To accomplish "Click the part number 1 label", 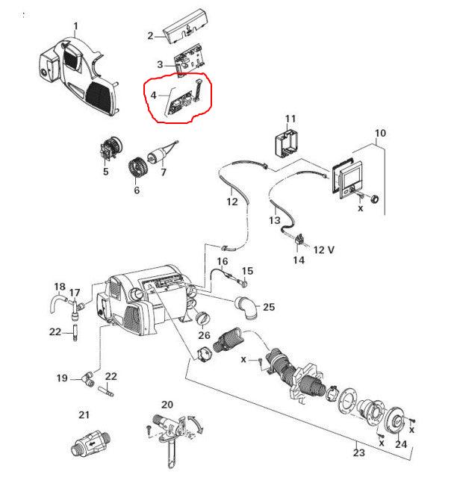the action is (x=76, y=26).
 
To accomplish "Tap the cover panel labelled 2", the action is (x=185, y=26).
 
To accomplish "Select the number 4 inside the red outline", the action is (x=154, y=95).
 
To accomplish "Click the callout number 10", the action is (x=380, y=134).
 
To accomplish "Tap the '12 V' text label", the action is (x=324, y=250).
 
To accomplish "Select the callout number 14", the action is (x=299, y=260).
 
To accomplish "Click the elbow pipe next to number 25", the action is (x=246, y=308).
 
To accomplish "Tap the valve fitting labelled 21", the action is (x=91, y=443).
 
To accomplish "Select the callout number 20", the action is (x=167, y=405).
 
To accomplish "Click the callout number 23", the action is (x=359, y=453).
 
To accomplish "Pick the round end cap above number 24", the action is (x=395, y=421).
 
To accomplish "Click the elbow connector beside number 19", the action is (x=88, y=379).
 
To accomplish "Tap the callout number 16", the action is (x=223, y=261).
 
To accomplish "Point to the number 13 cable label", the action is (x=275, y=220).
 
